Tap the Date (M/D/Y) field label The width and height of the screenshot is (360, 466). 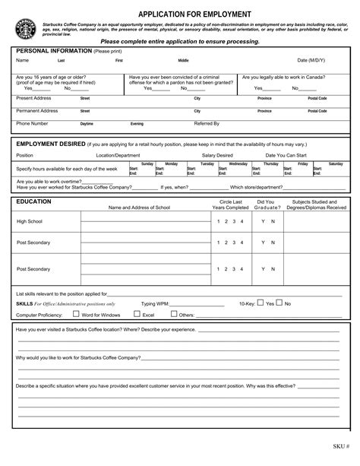click(x=312, y=60)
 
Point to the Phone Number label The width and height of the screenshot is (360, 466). click(x=33, y=123)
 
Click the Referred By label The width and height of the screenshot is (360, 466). click(x=207, y=123)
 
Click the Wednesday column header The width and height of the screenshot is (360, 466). click(x=238, y=163)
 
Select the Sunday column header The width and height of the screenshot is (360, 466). click(x=147, y=163)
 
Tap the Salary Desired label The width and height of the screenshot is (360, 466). click(x=217, y=155)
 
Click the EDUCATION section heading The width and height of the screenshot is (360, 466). click(x=33, y=201)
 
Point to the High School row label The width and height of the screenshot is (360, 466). click(x=30, y=221)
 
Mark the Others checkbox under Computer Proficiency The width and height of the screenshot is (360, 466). click(x=173, y=313)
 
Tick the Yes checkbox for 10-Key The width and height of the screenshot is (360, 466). click(x=261, y=303)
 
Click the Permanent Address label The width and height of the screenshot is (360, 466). click(x=37, y=110)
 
